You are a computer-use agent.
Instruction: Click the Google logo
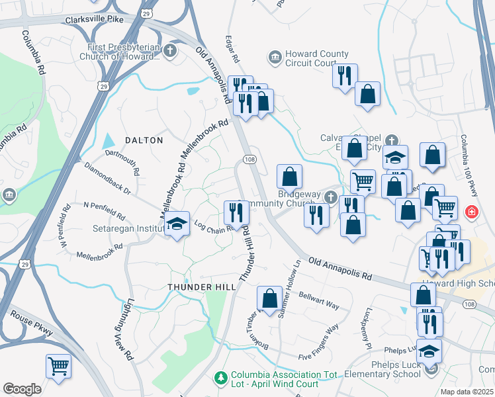[x=22, y=389]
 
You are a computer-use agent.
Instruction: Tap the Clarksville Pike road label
[x=95, y=20]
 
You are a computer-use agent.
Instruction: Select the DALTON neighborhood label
[x=144, y=140]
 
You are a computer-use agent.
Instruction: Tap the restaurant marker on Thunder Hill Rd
[x=236, y=212]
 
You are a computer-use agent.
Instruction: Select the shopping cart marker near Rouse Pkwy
[x=58, y=365]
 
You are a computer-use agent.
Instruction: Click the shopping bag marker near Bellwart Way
[x=269, y=298]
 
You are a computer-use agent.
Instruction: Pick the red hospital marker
[x=471, y=212]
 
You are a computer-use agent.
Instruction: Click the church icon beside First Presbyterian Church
[x=171, y=50]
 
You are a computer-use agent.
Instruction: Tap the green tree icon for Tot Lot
[x=222, y=377]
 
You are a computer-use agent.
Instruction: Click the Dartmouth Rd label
[x=122, y=161]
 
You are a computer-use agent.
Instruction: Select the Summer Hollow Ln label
[x=289, y=288]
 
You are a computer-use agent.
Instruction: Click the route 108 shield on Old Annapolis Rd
[x=249, y=159]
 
